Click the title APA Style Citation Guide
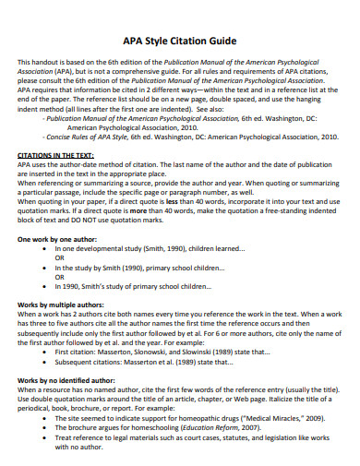pos(179,42)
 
